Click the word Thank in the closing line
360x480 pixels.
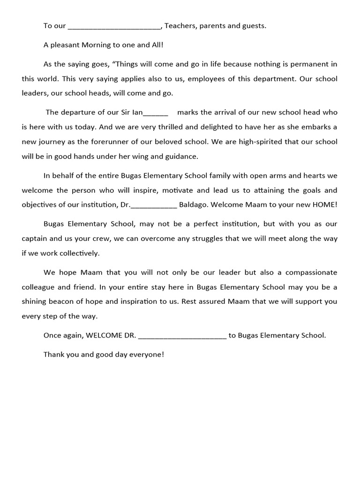coord(54,354)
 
